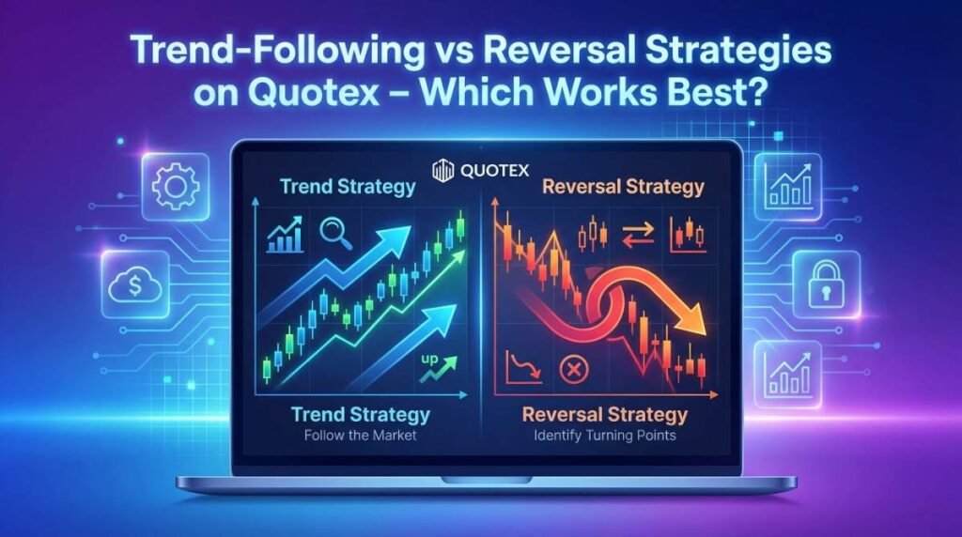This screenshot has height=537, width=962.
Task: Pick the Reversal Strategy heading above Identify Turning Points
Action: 604,414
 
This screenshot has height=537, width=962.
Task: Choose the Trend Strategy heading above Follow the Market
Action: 360,414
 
